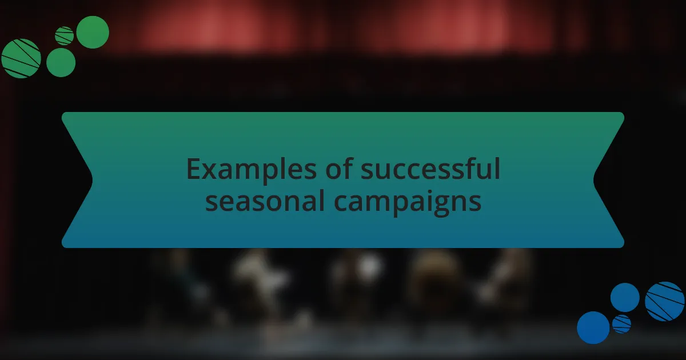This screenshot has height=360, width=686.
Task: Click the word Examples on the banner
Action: [x=236, y=170]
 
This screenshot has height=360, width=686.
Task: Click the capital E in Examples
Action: [x=193, y=170]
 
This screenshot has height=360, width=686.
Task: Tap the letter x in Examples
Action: [x=208, y=171]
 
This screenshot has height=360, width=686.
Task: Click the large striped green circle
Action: [x=21, y=58]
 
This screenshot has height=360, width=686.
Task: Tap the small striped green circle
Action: [x=65, y=36]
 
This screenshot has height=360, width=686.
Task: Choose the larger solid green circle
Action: [x=93, y=32]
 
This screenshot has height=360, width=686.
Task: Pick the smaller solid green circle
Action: [x=61, y=62]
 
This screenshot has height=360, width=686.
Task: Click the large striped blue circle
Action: [x=665, y=301]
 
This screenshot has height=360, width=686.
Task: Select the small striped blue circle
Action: [x=621, y=324]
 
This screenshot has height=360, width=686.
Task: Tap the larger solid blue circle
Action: [x=593, y=327]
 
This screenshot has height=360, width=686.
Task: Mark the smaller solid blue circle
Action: [x=625, y=297]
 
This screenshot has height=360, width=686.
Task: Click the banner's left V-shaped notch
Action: [x=91, y=180]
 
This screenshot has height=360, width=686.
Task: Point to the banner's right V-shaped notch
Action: [x=595, y=180]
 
